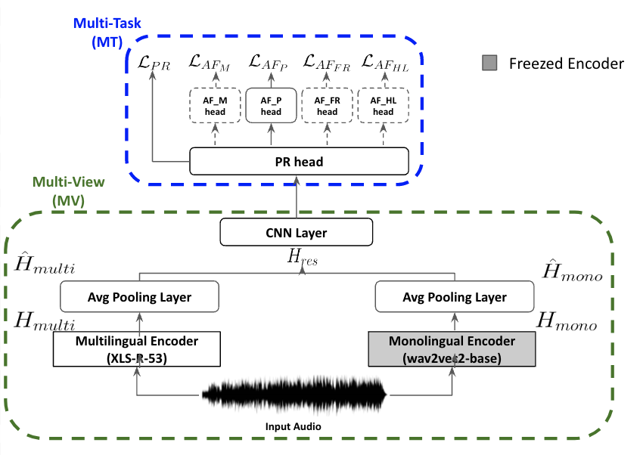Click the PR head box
tap(299, 160)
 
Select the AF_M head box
tap(214, 106)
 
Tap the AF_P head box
tap(271, 106)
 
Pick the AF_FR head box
tap(327, 106)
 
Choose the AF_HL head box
tap(383, 106)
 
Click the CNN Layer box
tap(297, 233)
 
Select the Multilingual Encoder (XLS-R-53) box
tap(137, 348)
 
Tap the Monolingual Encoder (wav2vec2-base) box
tap(451, 348)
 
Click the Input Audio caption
tap(294, 427)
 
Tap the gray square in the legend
tap(489, 63)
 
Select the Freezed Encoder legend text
tap(567, 63)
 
